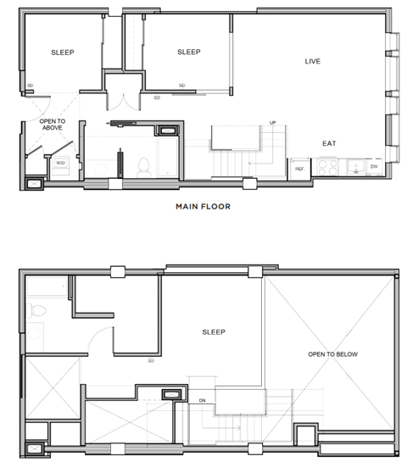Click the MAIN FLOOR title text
click(203, 206)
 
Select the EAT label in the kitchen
click(329, 143)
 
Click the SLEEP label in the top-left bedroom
click(62, 53)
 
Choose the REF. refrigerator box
click(299, 169)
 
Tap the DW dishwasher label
click(374, 167)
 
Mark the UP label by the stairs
click(272, 123)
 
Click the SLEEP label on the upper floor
click(213, 331)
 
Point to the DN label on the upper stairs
click(202, 401)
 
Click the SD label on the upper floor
click(151, 360)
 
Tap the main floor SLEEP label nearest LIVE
click(188, 53)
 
